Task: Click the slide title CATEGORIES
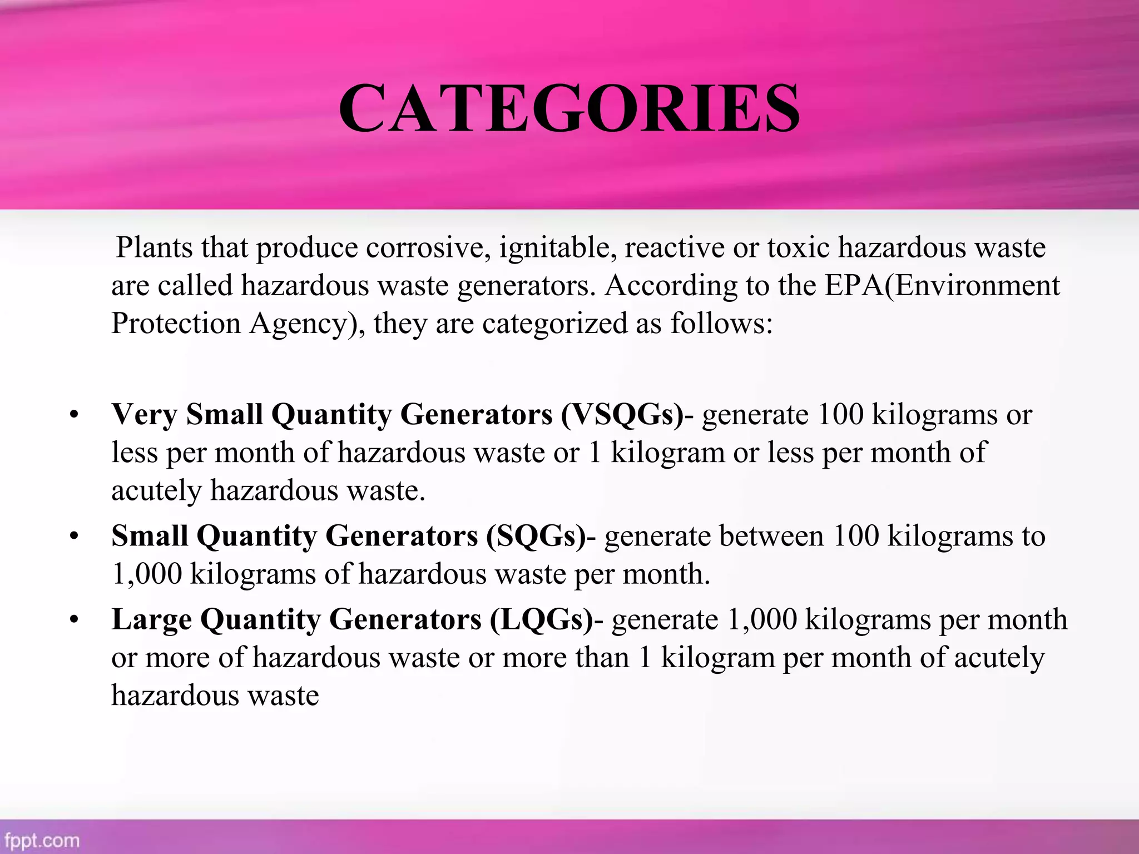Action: (569, 109)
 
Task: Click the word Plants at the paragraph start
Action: (154, 247)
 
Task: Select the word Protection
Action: (176, 324)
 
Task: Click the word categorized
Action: (554, 324)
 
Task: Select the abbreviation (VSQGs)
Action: (622, 415)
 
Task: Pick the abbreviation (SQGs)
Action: (536, 537)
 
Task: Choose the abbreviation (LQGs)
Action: (541, 620)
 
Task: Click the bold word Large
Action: (151, 620)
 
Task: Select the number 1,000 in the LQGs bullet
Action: (761, 620)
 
